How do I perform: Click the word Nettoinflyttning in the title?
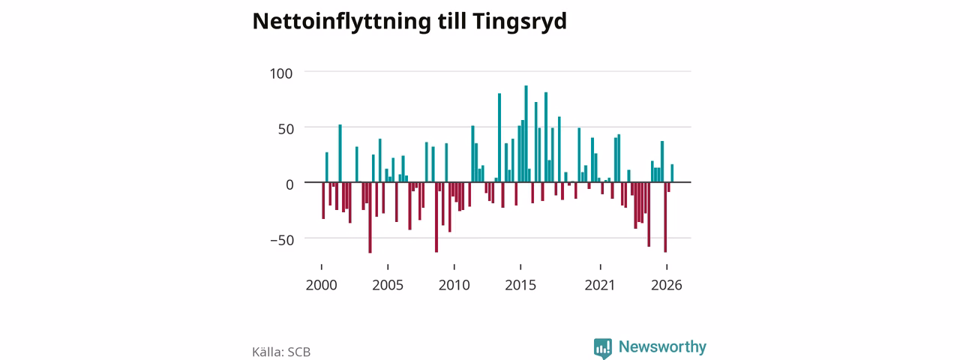tap(341, 22)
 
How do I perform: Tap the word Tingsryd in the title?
tap(520, 22)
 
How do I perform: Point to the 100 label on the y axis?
tap(281, 73)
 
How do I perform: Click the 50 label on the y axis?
tap(286, 129)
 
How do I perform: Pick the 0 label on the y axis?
tap(289, 184)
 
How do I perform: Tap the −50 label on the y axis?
tap(282, 240)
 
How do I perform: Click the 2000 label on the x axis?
tap(322, 285)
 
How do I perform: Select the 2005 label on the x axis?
tap(388, 285)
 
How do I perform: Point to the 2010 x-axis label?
tap(454, 285)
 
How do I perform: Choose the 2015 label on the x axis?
tap(520, 285)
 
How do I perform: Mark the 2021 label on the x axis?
tap(600, 285)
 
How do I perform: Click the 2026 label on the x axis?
tap(667, 285)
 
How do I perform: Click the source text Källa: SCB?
tap(281, 352)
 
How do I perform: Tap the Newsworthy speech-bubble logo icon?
tap(602, 348)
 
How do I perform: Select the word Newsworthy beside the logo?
tap(662, 346)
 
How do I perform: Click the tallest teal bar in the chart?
tap(526, 133)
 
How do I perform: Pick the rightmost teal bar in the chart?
tap(672, 173)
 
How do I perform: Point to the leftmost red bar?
tap(323, 200)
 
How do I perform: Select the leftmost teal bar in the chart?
tap(326, 167)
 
